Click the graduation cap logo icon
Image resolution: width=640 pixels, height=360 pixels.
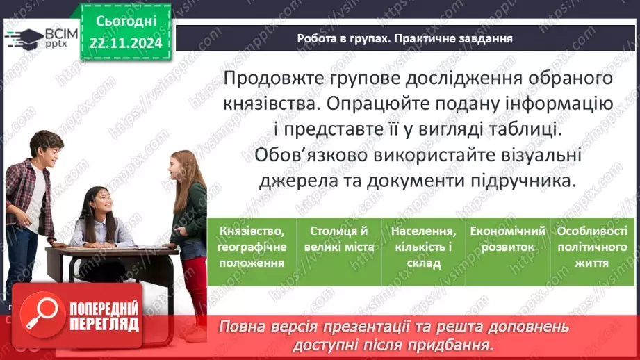coord(24,38)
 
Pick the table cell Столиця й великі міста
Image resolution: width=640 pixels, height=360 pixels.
coord(339,239)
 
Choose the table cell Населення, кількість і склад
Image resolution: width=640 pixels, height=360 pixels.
coord(423,247)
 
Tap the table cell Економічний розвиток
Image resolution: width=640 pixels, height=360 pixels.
coord(506,239)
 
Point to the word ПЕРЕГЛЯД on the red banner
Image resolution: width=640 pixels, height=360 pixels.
coord(103,324)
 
